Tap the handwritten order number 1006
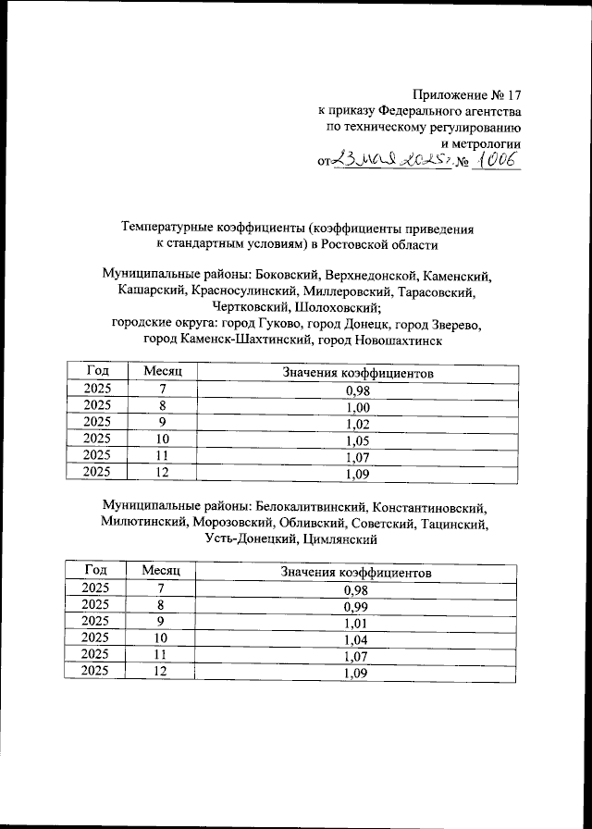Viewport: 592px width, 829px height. click(x=498, y=160)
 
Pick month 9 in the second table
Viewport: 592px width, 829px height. click(x=161, y=623)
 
